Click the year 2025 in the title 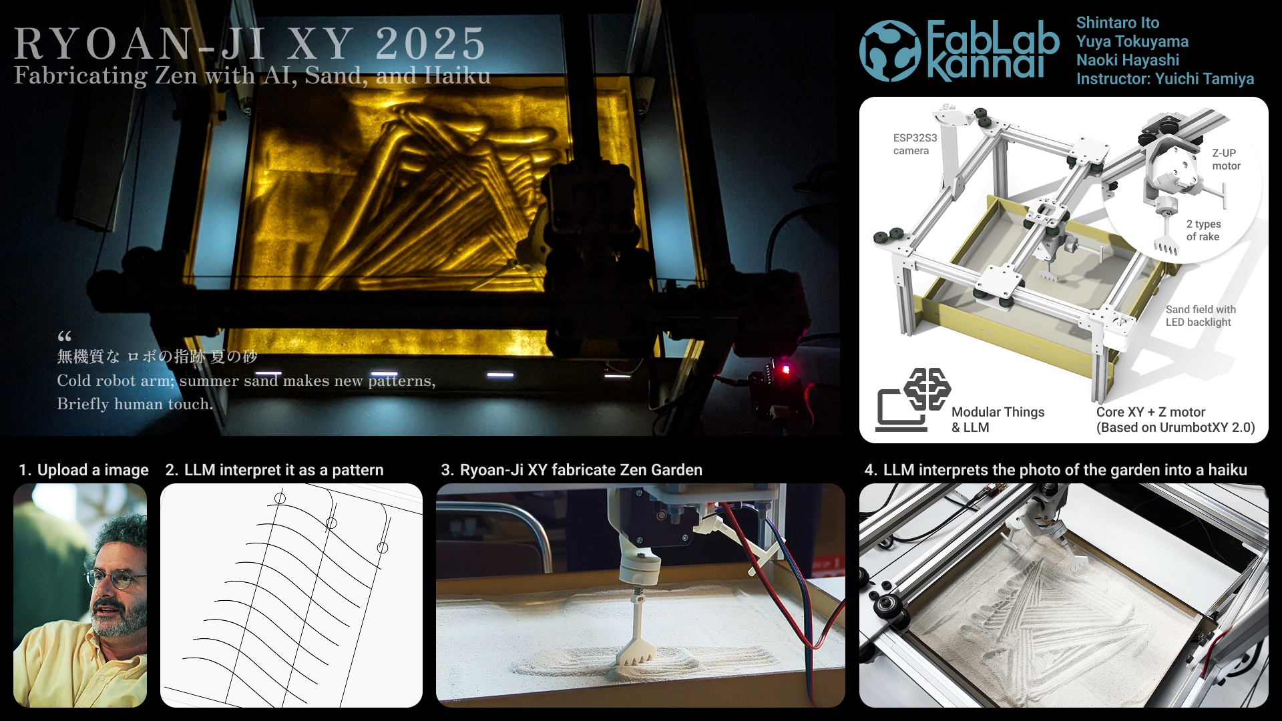point(431,43)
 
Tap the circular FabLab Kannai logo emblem point(890,51)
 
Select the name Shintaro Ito point(1118,23)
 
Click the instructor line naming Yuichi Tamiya point(1165,79)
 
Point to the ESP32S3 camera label point(915,144)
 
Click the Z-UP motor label point(1227,160)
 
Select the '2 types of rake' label point(1203,230)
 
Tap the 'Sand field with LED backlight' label point(1201,316)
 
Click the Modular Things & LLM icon point(913,399)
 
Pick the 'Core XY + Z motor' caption point(1150,412)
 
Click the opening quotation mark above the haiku point(64,336)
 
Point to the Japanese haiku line point(157,356)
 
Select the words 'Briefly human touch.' point(135,404)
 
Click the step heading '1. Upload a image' point(83,470)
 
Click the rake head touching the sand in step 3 point(636,652)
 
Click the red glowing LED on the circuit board point(786,369)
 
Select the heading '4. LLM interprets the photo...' point(1056,470)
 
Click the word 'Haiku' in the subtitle point(457,75)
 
